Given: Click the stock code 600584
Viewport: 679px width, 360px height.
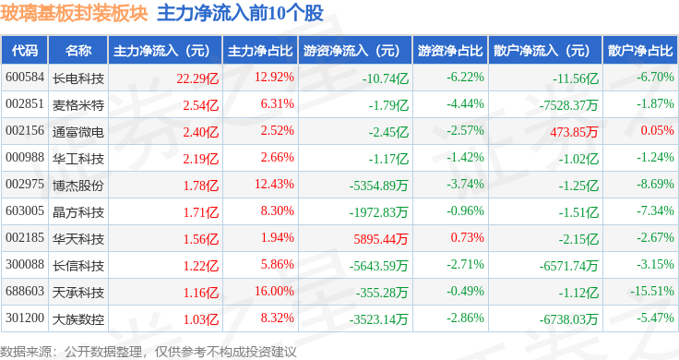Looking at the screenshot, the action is pyautogui.click(x=25, y=78).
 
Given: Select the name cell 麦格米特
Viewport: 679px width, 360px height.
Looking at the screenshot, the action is pyautogui.click(x=78, y=105).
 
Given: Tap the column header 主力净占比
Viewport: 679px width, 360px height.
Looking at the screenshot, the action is pyautogui.click(x=260, y=51).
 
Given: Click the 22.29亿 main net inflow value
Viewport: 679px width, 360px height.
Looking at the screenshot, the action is pyautogui.click(x=197, y=78).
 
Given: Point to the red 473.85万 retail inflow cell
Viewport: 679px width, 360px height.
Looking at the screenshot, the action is pyautogui.click(x=574, y=132).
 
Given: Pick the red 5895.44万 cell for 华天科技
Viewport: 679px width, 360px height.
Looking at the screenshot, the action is pyautogui.click(x=381, y=239).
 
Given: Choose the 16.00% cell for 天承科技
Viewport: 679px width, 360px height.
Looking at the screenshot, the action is pyautogui.click(x=274, y=291).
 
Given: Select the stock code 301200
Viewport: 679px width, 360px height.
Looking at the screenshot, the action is pyautogui.click(x=25, y=318).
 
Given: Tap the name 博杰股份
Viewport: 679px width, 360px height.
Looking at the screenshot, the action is pyautogui.click(x=78, y=186).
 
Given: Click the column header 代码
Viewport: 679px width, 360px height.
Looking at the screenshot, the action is pyautogui.click(x=25, y=51).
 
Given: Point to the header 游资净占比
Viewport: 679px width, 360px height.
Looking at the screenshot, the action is pyautogui.click(x=450, y=51).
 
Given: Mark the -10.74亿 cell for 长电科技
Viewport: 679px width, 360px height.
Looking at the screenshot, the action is pyautogui.click(x=386, y=78).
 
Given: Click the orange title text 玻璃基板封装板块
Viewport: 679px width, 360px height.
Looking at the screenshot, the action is pyautogui.click(x=74, y=14).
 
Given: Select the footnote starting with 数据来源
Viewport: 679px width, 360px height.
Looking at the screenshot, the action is pyautogui.click(x=149, y=352).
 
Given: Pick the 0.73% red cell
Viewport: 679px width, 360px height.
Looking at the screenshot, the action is pyautogui.click(x=467, y=237).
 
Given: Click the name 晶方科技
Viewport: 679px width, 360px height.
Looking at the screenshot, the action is pyautogui.click(x=78, y=212).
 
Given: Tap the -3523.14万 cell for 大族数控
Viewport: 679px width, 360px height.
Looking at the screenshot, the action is pyautogui.click(x=378, y=319).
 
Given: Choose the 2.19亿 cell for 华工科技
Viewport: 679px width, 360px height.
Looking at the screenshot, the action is pyautogui.click(x=201, y=159).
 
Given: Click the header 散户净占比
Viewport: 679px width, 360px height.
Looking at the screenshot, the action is pyautogui.click(x=640, y=51).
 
